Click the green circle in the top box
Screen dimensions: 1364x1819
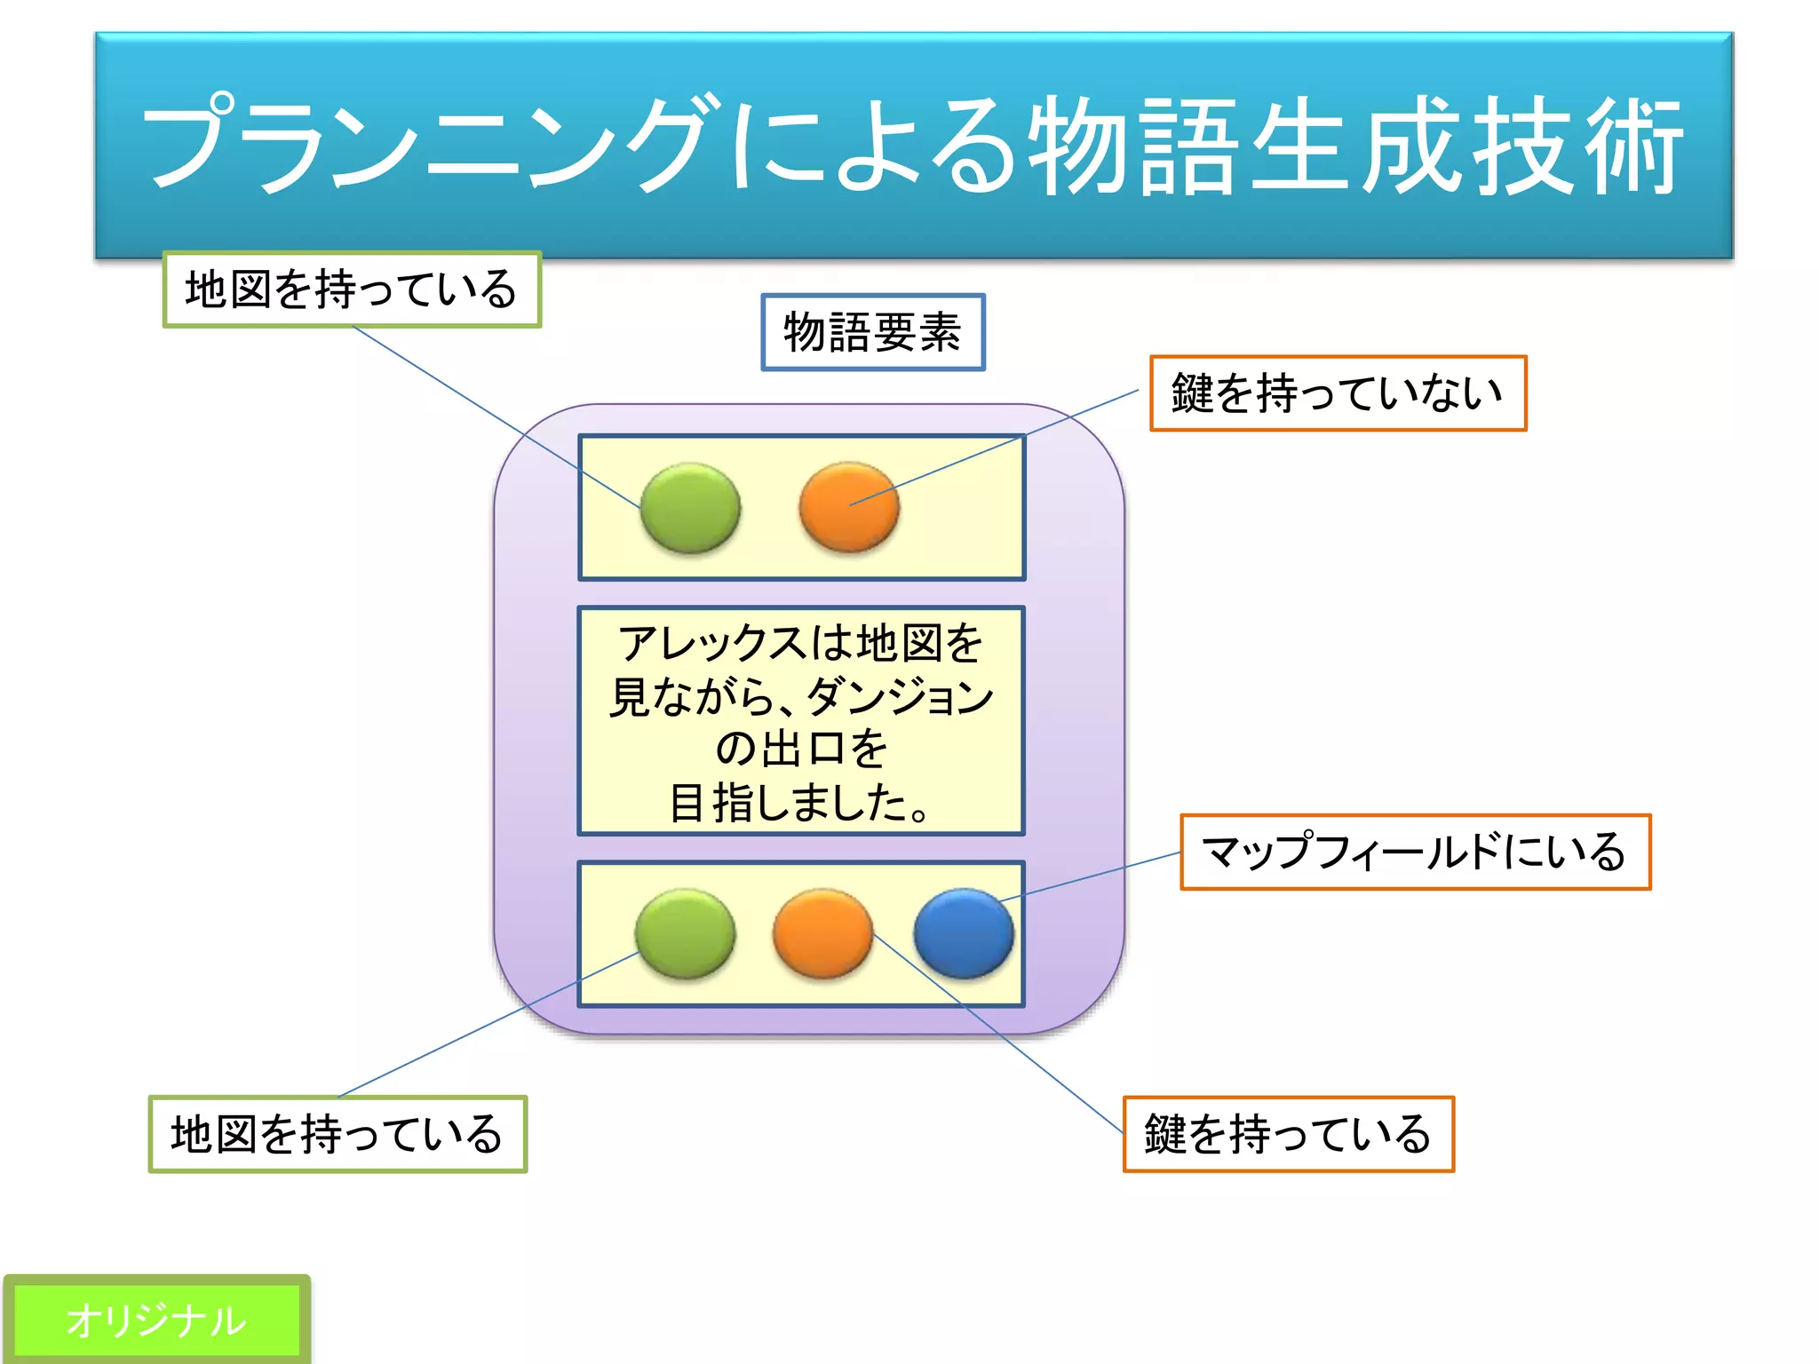(x=690, y=507)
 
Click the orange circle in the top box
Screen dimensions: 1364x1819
(x=849, y=506)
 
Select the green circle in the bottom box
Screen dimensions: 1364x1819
(x=685, y=933)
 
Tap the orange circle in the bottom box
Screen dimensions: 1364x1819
(x=822, y=933)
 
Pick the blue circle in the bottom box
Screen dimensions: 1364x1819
(x=964, y=933)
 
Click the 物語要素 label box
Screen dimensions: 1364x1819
(x=873, y=332)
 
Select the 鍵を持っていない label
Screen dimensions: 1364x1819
(x=1338, y=393)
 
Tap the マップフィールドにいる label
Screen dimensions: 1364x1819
(x=1415, y=852)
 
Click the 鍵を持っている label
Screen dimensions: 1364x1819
(x=1288, y=1134)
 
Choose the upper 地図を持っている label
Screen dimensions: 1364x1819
(x=352, y=289)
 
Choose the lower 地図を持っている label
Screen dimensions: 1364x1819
(x=338, y=1134)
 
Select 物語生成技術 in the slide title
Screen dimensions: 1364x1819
(x=1354, y=145)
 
